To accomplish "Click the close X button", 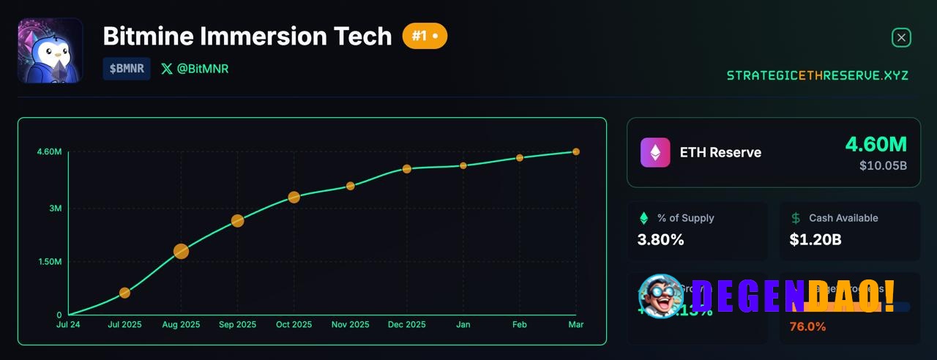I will point(901,37).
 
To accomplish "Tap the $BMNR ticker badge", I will point(127,69).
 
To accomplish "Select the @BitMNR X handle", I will point(195,69).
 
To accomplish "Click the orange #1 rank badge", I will point(425,35).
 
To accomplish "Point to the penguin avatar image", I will point(50,50).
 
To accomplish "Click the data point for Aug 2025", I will point(181,252).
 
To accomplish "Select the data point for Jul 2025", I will point(124,293).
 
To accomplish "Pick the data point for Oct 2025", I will point(294,197).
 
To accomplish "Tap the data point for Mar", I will point(576,151).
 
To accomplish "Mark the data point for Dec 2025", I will point(407,169).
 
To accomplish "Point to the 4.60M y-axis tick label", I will point(49,152).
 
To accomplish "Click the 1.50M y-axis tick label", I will point(49,262).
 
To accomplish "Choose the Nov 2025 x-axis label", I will point(350,324).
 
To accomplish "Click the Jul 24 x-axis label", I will point(69,324).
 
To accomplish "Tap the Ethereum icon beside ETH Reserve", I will point(655,152).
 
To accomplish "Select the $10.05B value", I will point(883,166).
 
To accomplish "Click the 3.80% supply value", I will point(660,239).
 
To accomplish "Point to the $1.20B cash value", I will point(815,239).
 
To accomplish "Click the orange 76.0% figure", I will point(807,327).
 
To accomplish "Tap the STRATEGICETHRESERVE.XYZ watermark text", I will point(817,75).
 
